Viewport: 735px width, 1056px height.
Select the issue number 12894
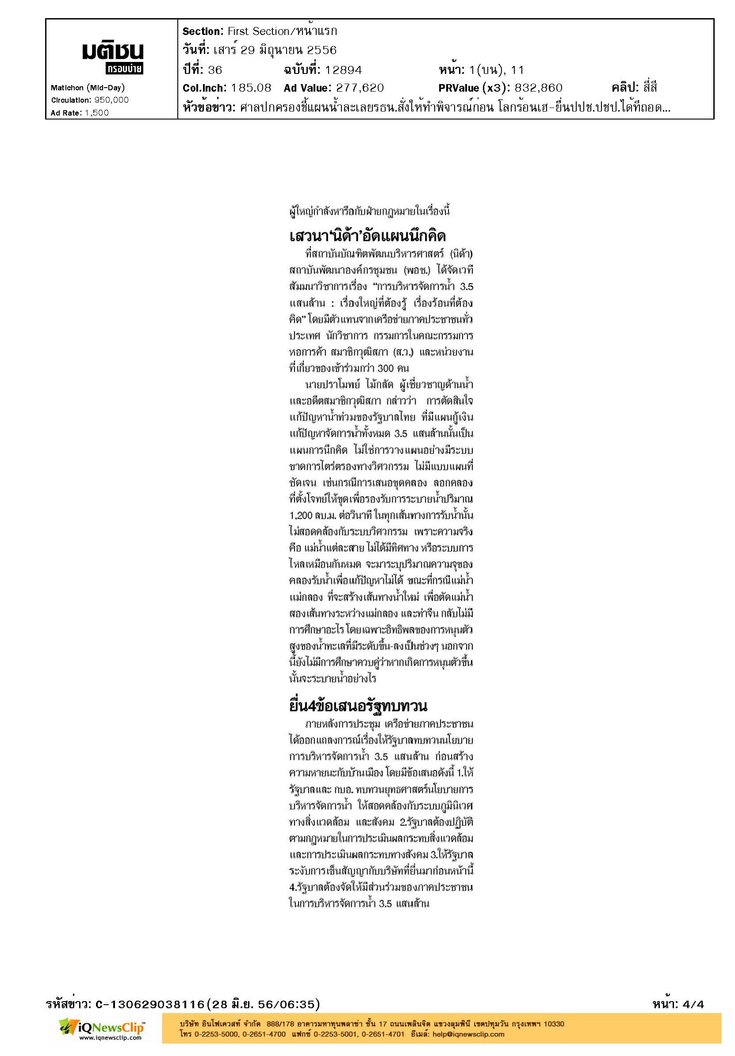[x=343, y=70]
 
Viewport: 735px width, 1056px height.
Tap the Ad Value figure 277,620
[x=360, y=88]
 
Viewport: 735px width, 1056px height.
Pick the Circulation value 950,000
[x=112, y=100]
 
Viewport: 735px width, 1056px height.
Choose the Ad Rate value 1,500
[x=96, y=113]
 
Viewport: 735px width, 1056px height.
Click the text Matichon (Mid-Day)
[x=87, y=87]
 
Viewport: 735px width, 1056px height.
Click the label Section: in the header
[x=203, y=31]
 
